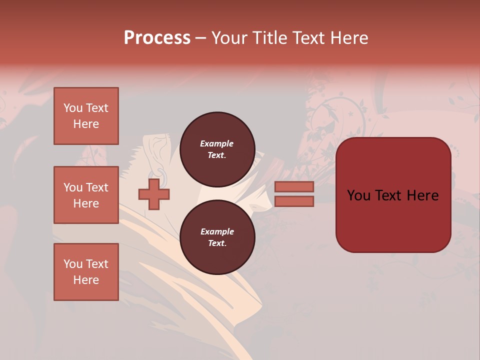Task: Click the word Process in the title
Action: [157, 38]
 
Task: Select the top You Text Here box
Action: [86, 116]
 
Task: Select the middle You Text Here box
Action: [86, 195]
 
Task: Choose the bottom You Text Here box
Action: [86, 272]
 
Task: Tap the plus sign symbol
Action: [154, 194]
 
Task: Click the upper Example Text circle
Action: [217, 149]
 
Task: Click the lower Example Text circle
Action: [217, 237]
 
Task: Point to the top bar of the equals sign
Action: [294, 186]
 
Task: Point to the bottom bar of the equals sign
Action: [294, 201]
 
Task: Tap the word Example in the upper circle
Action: [217, 143]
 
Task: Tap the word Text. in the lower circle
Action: [217, 243]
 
